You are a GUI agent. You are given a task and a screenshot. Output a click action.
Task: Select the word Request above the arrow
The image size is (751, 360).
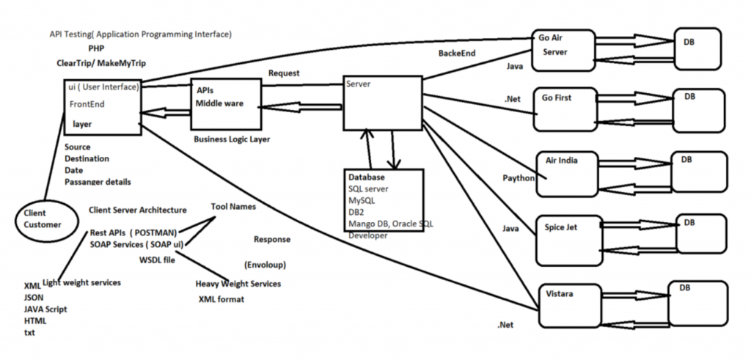coord(284,73)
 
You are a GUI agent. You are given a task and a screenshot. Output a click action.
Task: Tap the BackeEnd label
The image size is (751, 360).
coord(457,54)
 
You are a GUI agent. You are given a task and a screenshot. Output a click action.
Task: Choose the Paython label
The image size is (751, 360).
coord(519,178)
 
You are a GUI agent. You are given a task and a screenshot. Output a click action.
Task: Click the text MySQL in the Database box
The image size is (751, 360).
coord(362,200)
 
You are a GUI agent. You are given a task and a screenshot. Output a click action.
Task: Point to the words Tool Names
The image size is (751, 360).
coord(233,207)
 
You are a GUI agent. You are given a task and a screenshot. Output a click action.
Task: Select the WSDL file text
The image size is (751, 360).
coord(157,260)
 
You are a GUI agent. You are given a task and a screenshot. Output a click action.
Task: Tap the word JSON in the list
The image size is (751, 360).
coord(34,297)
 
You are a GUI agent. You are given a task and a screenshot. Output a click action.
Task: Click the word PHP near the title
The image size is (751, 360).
coord(96,49)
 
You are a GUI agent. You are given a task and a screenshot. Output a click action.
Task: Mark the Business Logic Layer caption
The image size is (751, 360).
coord(232,139)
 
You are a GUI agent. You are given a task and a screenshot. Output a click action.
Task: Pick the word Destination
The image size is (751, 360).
coord(87,158)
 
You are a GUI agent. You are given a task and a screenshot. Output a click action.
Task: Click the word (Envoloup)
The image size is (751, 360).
coord(265,264)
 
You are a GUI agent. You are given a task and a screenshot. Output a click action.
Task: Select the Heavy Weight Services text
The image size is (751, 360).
coord(238,284)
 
